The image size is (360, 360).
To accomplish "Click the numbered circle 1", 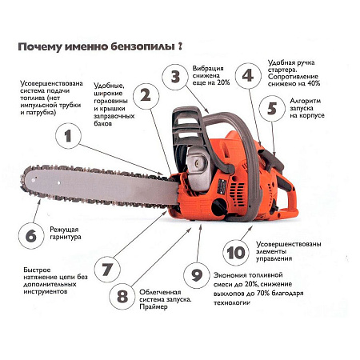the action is pos(68,136).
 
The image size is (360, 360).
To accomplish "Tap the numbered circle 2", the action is pos(146,96).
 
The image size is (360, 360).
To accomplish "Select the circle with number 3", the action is pos(175,77).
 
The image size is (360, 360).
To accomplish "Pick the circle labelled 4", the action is pos(248,76).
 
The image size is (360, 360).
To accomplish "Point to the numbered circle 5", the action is pos(272,108).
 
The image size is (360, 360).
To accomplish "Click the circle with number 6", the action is pos(31,236).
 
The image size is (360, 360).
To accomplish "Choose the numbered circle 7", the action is pos(107,270).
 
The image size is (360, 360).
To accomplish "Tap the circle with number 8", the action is pos(122,296).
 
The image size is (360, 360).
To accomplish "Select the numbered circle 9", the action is pos(197,274).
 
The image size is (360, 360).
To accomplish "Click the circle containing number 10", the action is pos(236,252).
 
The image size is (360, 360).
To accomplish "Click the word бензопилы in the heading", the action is pos(142,47).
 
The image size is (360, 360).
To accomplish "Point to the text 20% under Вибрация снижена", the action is pos(223,82).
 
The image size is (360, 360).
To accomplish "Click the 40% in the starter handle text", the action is pos(314,83).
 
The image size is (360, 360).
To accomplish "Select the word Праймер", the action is pos(154,306).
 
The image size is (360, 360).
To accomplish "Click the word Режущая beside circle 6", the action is pos(64,230).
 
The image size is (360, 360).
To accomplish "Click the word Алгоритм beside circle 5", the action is pos(306,101).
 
